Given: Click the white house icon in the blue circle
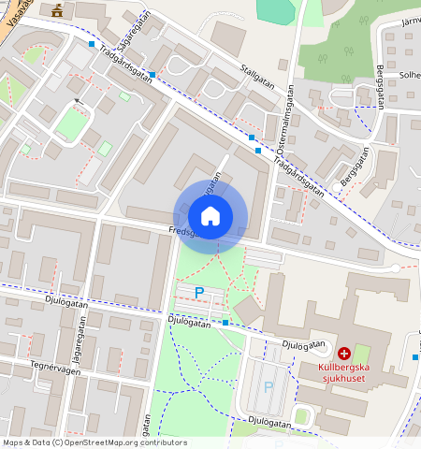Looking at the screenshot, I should click(x=210, y=216).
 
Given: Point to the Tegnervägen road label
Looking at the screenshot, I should click(x=51, y=365).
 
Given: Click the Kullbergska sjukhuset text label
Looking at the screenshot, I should click(x=344, y=373).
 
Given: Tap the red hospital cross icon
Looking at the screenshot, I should click(x=344, y=354).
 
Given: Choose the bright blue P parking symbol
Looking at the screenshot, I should click(x=198, y=293).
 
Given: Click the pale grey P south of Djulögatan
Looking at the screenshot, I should click(x=269, y=386).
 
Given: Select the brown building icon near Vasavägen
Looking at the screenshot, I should click(x=59, y=10).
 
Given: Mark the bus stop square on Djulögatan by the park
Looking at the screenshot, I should click(x=225, y=323).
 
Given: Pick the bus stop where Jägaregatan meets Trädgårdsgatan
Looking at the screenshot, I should click(x=152, y=74).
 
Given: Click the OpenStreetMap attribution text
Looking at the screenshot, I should click(x=94, y=442).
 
